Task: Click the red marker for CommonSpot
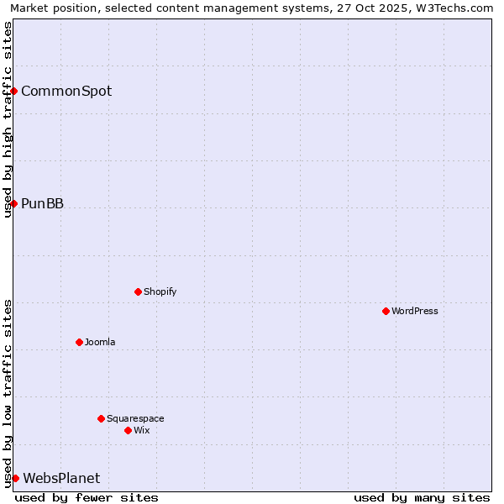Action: (14, 91)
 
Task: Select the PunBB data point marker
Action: (14, 203)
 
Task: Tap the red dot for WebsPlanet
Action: (15, 478)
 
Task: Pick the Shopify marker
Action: (139, 291)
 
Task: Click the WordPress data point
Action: (386, 311)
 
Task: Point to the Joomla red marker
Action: (80, 342)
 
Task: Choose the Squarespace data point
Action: (101, 418)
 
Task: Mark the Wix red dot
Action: (128, 430)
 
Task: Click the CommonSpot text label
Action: (66, 91)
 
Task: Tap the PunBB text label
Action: (42, 203)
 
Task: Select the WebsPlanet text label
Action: (61, 478)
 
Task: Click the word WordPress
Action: (415, 311)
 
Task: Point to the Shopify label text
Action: (160, 291)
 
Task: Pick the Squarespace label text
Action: (135, 418)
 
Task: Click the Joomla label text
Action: (100, 342)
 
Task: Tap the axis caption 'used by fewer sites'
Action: (87, 497)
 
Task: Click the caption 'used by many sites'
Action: (422, 497)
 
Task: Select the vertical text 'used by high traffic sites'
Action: (8, 119)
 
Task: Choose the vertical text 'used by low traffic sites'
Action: (8, 393)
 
